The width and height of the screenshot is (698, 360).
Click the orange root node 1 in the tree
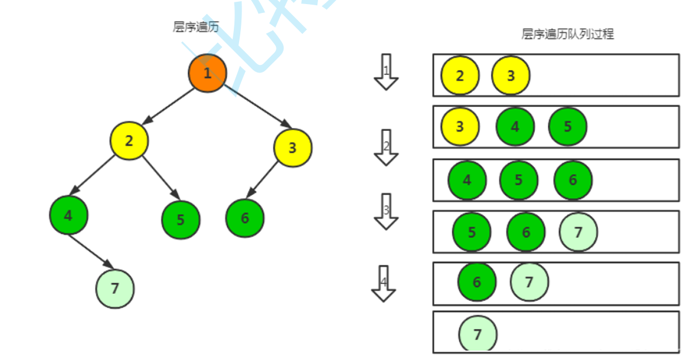(207, 73)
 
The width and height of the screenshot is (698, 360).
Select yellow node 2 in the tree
(129, 141)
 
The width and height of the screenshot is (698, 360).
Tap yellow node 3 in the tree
(292, 147)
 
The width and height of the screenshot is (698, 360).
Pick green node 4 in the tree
(68, 216)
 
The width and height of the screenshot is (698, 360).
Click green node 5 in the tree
(181, 220)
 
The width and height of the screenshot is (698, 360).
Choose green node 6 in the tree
(245, 218)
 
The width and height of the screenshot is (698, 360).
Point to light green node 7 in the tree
(115, 288)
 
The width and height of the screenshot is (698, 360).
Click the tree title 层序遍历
(196, 27)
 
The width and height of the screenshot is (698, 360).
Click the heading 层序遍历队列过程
(567, 34)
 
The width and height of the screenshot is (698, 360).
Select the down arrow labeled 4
(383, 283)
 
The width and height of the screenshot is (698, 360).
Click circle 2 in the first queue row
(460, 75)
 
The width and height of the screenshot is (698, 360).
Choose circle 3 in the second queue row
(459, 126)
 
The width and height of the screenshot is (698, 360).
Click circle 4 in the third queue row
(467, 180)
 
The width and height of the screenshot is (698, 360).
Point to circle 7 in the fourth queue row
(578, 232)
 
